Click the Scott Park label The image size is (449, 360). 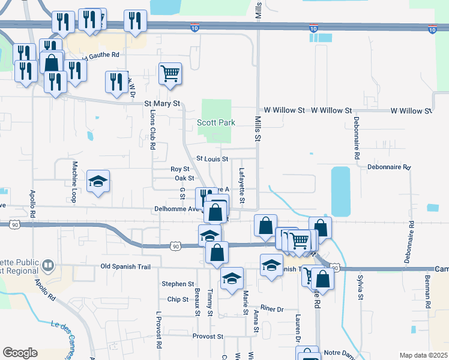tap(216, 122)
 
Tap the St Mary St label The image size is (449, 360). tap(162, 103)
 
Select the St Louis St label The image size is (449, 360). tap(212, 159)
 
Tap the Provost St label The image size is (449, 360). tap(208, 337)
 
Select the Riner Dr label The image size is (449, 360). tap(271, 309)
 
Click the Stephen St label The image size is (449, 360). tap(178, 284)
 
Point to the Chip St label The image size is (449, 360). tap(178, 299)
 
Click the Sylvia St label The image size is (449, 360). tap(361, 288)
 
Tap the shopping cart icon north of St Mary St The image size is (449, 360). tap(170, 73)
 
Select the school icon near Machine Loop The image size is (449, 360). tap(98, 181)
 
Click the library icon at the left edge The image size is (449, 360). tap(48, 265)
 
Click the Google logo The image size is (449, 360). tap(20, 353)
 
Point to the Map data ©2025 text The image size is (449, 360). tap(423, 355)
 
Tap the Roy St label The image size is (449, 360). tap(180, 169)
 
